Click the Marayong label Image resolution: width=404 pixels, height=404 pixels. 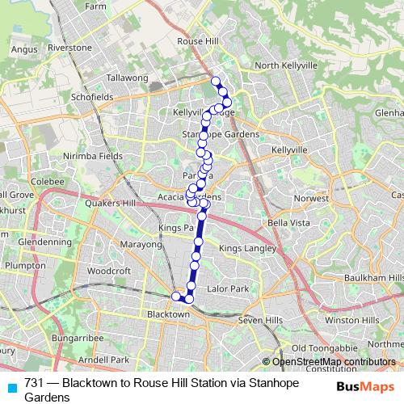(x=141, y=243)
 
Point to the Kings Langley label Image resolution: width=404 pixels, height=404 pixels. (x=248, y=248)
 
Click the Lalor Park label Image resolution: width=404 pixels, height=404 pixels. (x=228, y=288)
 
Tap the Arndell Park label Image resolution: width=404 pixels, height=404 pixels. (x=108, y=359)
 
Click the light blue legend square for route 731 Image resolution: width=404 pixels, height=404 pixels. (x=11, y=382)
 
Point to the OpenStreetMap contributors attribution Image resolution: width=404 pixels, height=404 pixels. (x=334, y=361)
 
